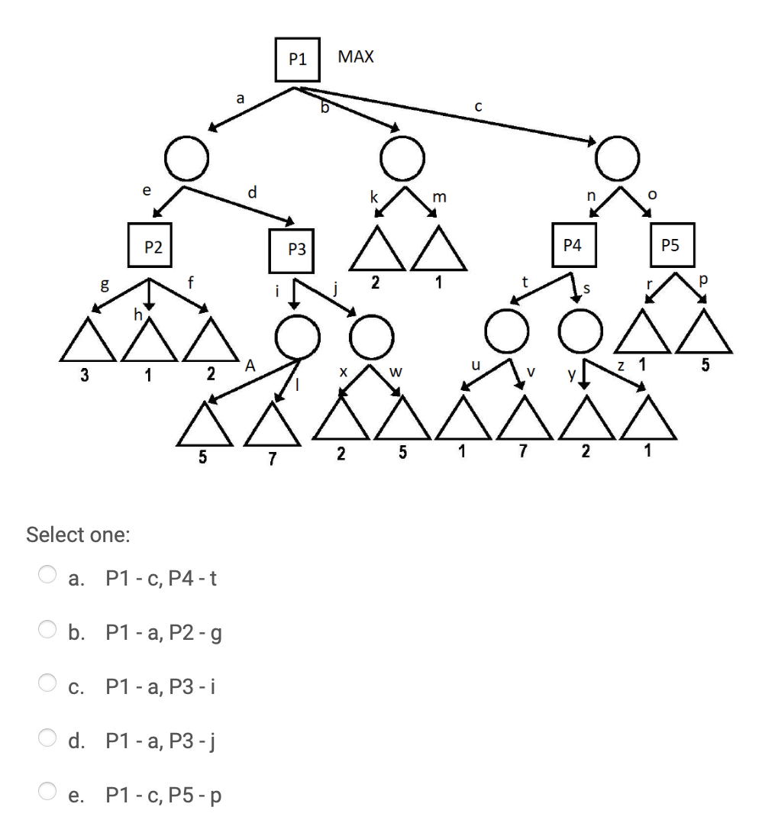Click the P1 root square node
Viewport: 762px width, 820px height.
pos(298,59)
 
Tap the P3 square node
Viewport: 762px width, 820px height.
pos(297,249)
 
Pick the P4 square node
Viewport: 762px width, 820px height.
pos(572,245)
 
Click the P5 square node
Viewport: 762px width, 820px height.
pos(670,245)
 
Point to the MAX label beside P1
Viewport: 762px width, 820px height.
pos(356,56)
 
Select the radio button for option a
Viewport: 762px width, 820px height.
pos(48,575)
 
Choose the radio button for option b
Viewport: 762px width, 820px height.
pos(48,630)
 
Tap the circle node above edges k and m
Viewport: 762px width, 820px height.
pos(402,158)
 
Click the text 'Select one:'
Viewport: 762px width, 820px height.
pos(78,534)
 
